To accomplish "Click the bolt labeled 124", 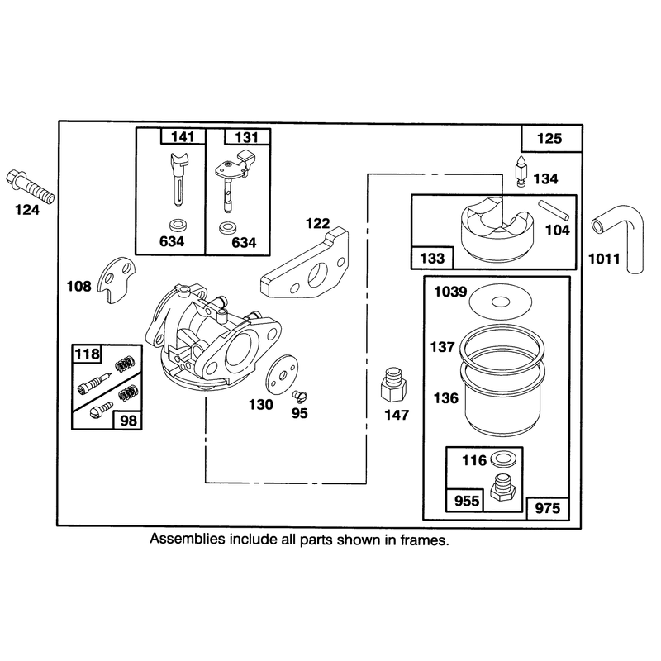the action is click(30, 185).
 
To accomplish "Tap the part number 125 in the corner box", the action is click(549, 138).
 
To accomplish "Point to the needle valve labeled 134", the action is click(521, 172).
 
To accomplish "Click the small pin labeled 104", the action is click(554, 210).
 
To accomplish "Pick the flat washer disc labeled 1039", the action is click(501, 302).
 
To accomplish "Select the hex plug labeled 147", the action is click(394, 384).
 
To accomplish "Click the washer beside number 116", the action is click(502, 459).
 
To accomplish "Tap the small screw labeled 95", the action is click(300, 397).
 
